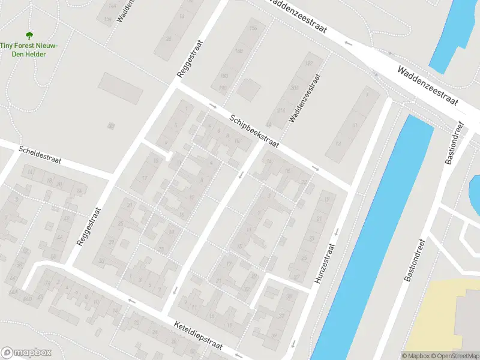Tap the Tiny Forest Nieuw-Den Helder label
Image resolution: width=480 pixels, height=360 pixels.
[29, 50]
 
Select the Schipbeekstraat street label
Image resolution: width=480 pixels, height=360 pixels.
[254, 131]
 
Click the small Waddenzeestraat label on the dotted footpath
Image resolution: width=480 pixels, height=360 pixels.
[305, 98]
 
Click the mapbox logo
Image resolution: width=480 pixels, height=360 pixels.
[26, 353]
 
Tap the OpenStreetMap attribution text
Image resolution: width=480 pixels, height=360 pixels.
[454, 356]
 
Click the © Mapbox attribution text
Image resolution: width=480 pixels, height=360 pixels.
[415, 356]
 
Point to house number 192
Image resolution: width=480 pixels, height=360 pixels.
[310, 63]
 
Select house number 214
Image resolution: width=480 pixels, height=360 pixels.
[281, 110]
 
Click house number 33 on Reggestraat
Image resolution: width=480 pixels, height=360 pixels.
[101, 260]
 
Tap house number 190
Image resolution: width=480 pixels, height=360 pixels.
[223, 88]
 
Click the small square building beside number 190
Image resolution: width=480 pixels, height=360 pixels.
[247, 89]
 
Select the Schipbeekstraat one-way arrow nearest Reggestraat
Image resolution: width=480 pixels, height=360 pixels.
[213, 106]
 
